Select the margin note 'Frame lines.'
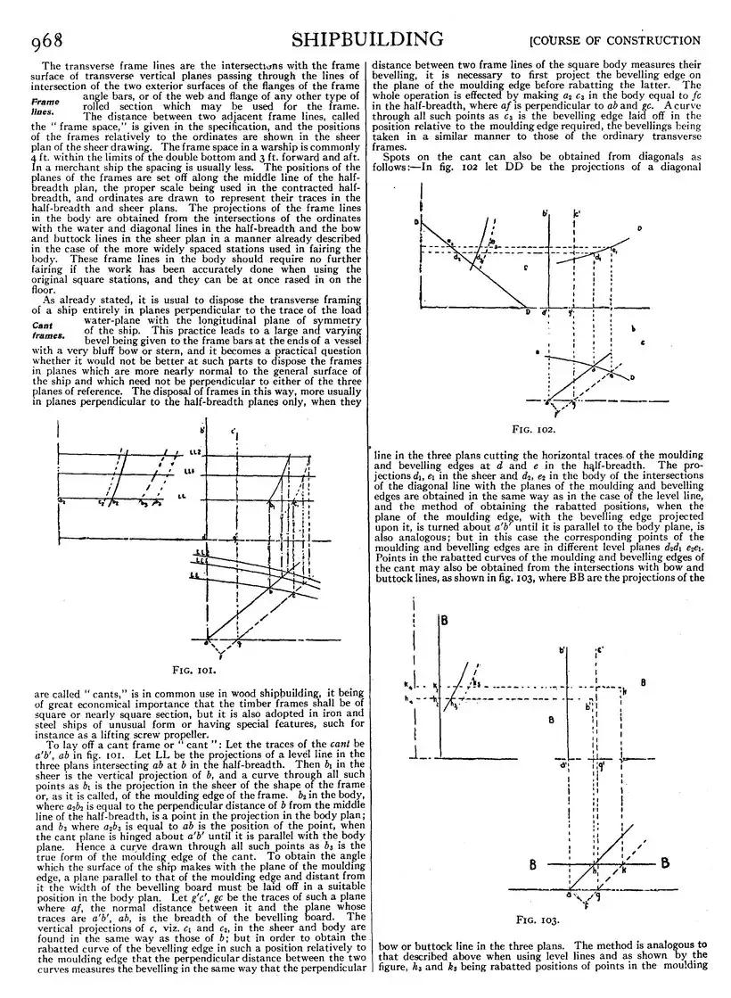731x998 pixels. (45, 107)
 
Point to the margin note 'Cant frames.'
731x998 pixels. (46, 330)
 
